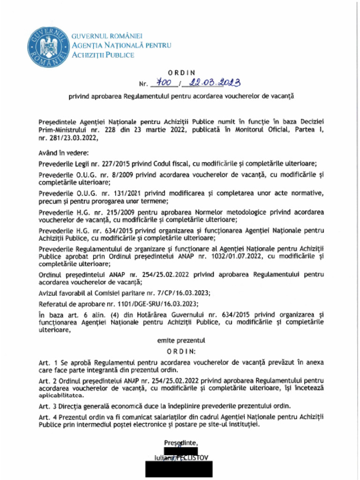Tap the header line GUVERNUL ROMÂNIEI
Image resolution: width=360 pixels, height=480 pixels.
107,36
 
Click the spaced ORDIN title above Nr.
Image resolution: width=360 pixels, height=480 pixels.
181,73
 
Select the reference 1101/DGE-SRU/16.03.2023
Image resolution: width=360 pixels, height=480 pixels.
133,303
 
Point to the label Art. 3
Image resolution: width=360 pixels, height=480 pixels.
47,405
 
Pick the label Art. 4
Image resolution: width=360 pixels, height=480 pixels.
47,416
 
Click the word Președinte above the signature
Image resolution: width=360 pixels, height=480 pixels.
181,443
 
